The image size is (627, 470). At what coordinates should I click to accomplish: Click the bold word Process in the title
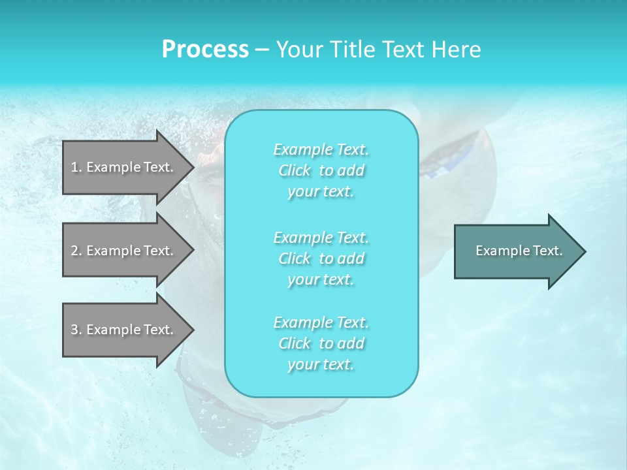pos(205,50)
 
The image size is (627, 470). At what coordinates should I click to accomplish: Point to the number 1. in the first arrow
pos(76,167)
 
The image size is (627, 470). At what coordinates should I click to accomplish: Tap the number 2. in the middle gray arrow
pos(76,251)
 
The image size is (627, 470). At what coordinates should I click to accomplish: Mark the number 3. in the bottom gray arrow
pos(76,330)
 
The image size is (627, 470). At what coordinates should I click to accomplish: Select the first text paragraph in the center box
pos(321,170)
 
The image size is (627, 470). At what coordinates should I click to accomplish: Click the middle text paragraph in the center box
pos(321,258)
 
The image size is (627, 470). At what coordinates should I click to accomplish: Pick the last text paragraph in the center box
pos(321,343)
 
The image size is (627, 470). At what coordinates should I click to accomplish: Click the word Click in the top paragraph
pos(295,171)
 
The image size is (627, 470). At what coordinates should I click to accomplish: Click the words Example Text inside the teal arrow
pos(519,251)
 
